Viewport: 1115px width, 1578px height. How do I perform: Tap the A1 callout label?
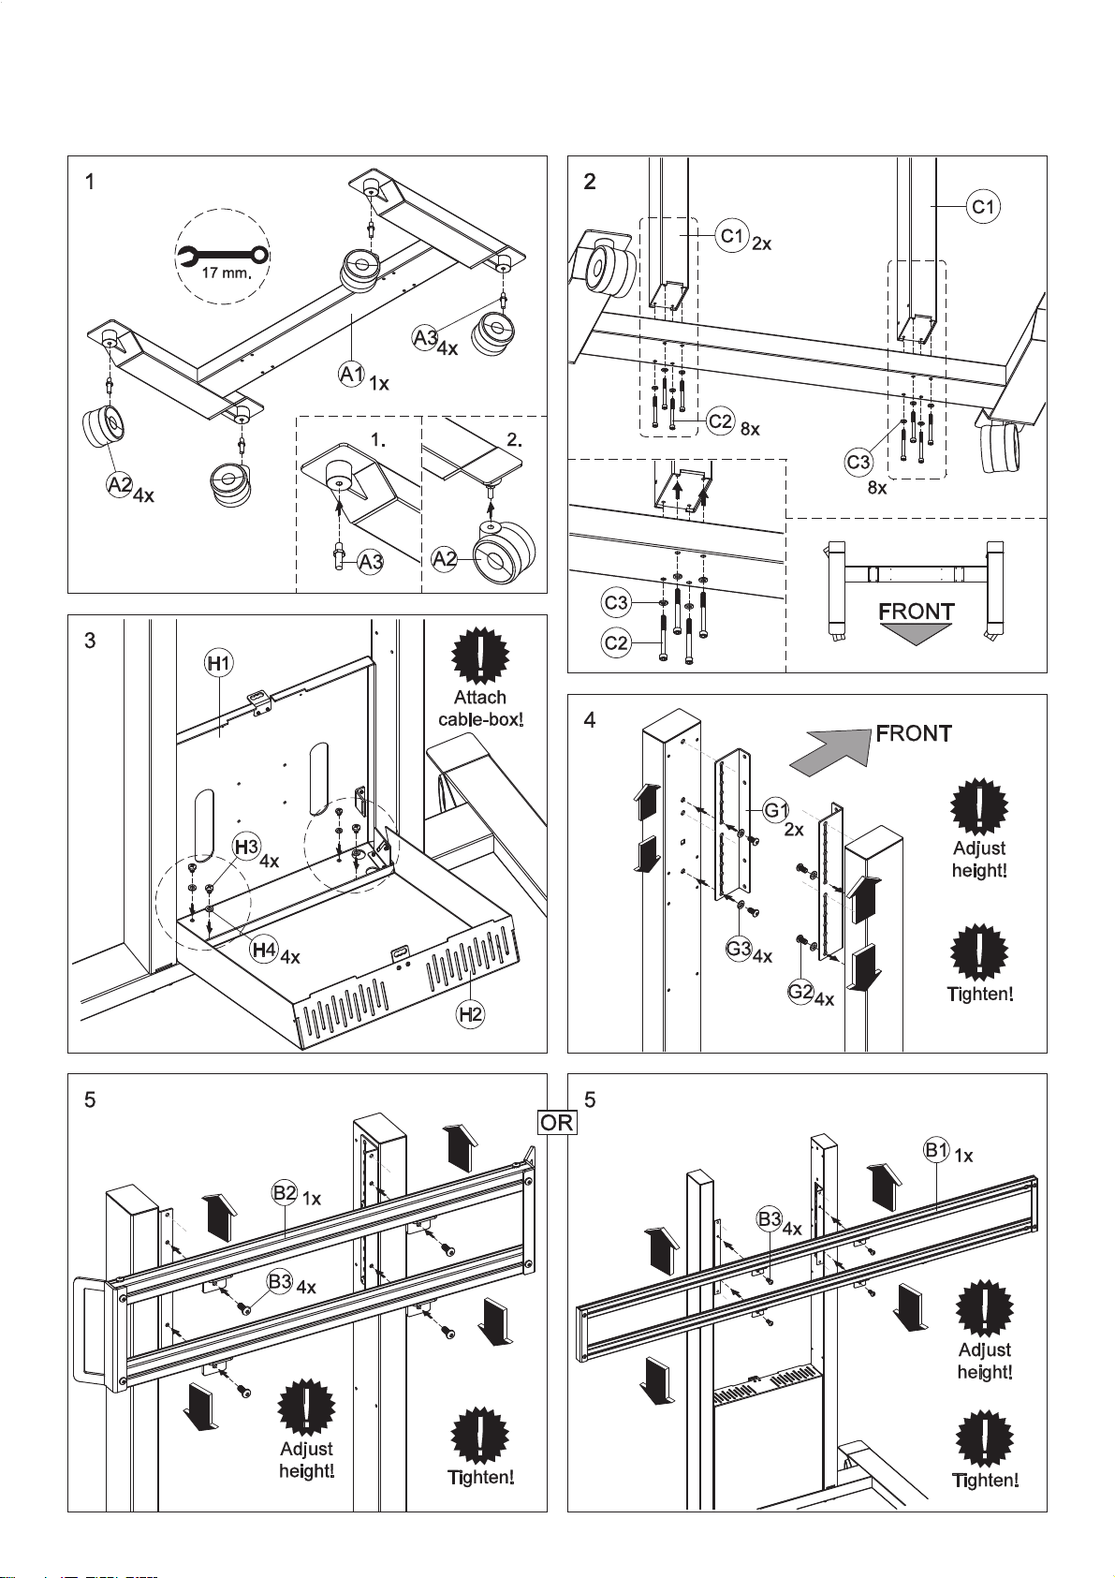(352, 374)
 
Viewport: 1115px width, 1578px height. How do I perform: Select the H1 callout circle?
(219, 663)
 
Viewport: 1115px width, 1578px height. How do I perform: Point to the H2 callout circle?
(471, 1013)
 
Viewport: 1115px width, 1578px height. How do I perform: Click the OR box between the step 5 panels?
(557, 1122)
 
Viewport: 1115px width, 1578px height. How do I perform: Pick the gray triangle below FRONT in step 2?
(915, 634)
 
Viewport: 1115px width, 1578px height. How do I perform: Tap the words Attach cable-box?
(480, 708)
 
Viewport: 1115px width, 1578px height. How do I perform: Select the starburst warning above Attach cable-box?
(479, 656)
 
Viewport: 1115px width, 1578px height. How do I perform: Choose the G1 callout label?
(775, 811)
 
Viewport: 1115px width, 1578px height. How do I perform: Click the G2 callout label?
(800, 991)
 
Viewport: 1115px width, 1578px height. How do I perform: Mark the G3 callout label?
(739, 949)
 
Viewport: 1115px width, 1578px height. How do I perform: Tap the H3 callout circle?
(247, 847)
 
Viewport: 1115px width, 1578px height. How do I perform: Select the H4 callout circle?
(264, 950)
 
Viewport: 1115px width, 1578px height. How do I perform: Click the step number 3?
(90, 641)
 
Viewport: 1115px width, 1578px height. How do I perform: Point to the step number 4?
(590, 720)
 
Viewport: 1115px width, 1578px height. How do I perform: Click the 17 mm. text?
(227, 273)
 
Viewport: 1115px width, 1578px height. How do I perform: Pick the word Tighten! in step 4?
(980, 994)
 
